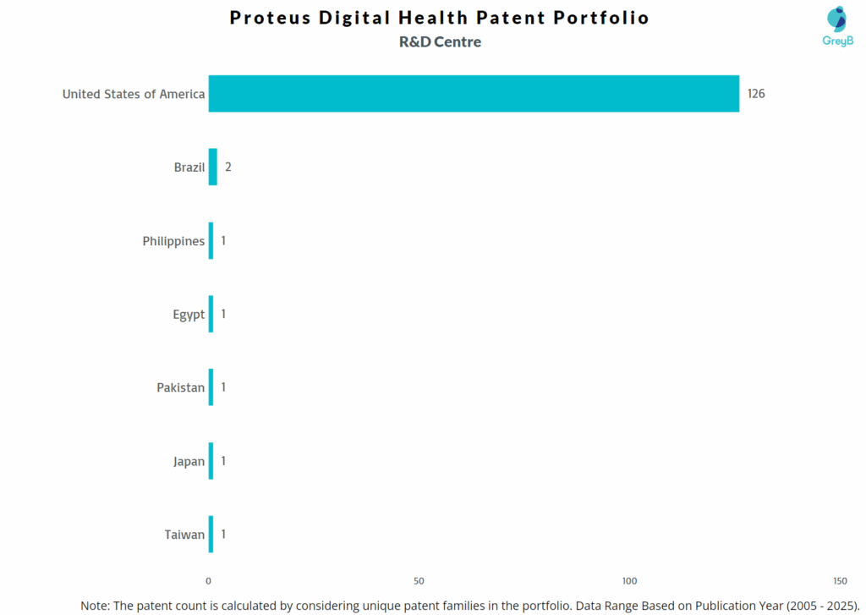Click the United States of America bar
(x=474, y=94)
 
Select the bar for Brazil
(x=213, y=167)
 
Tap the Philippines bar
(x=211, y=241)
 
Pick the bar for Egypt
(x=211, y=314)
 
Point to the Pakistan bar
(x=211, y=387)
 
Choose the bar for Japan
(x=211, y=461)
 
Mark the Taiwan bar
(x=211, y=535)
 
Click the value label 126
(x=756, y=94)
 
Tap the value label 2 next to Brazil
(x=228, y=167)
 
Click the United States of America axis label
(x=134, y=94)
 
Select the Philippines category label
(x=173, y=241)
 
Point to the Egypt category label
(x=189, y=315)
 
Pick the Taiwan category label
(x=184, y=535)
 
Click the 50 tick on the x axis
(x=419, y=581)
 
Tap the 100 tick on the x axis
(x=629, y=581)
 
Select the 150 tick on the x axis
(x=840, y=581)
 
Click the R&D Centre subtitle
(x=440, y=41)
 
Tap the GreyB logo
(x=837, y=25)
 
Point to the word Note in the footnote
(x=95, y=606)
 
